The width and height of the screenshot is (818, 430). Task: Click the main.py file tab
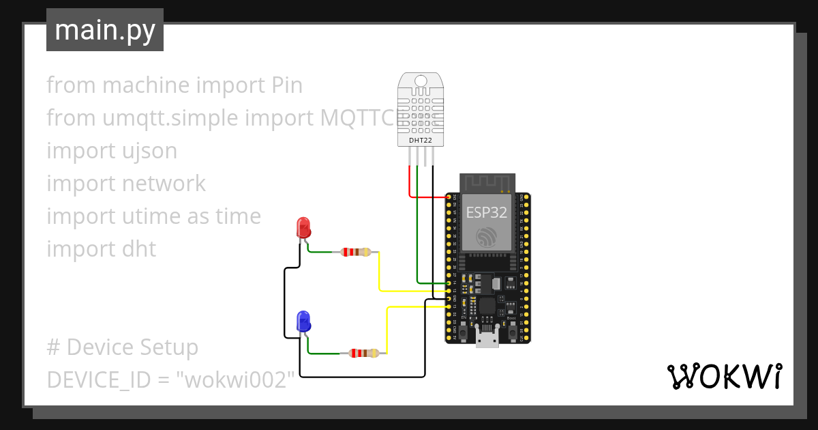click(x=104, y=30)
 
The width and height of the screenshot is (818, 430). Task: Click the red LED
click(x=303, y=227)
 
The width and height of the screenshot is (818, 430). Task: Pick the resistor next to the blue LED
click(x=363, y=353)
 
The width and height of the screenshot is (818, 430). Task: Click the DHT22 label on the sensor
click(x=420, y=141)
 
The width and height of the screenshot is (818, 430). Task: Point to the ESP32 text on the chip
click(x=487, y=212)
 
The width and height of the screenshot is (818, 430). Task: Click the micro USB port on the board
click(x=487, y=339)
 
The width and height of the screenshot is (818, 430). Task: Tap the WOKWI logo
click(x=724, y=376)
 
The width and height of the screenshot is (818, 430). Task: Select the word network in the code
click(x=164, y=184)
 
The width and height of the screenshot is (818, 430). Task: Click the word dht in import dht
click(x=140, y=249)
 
